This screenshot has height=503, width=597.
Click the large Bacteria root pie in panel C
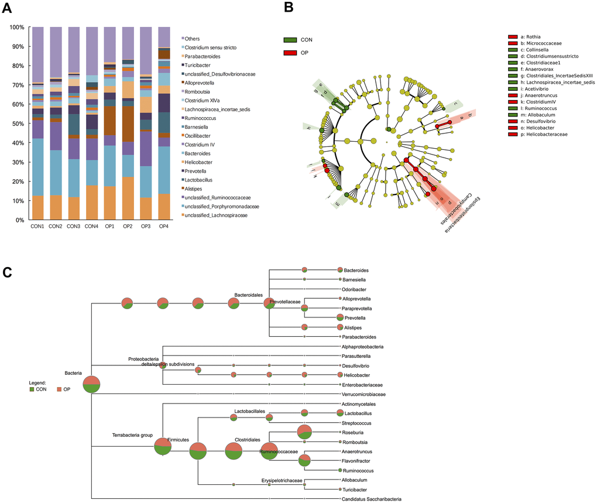tap(91, 385)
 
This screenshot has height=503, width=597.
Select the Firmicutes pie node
tap(163, 446)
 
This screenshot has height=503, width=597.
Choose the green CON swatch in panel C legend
tap(32, 389)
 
